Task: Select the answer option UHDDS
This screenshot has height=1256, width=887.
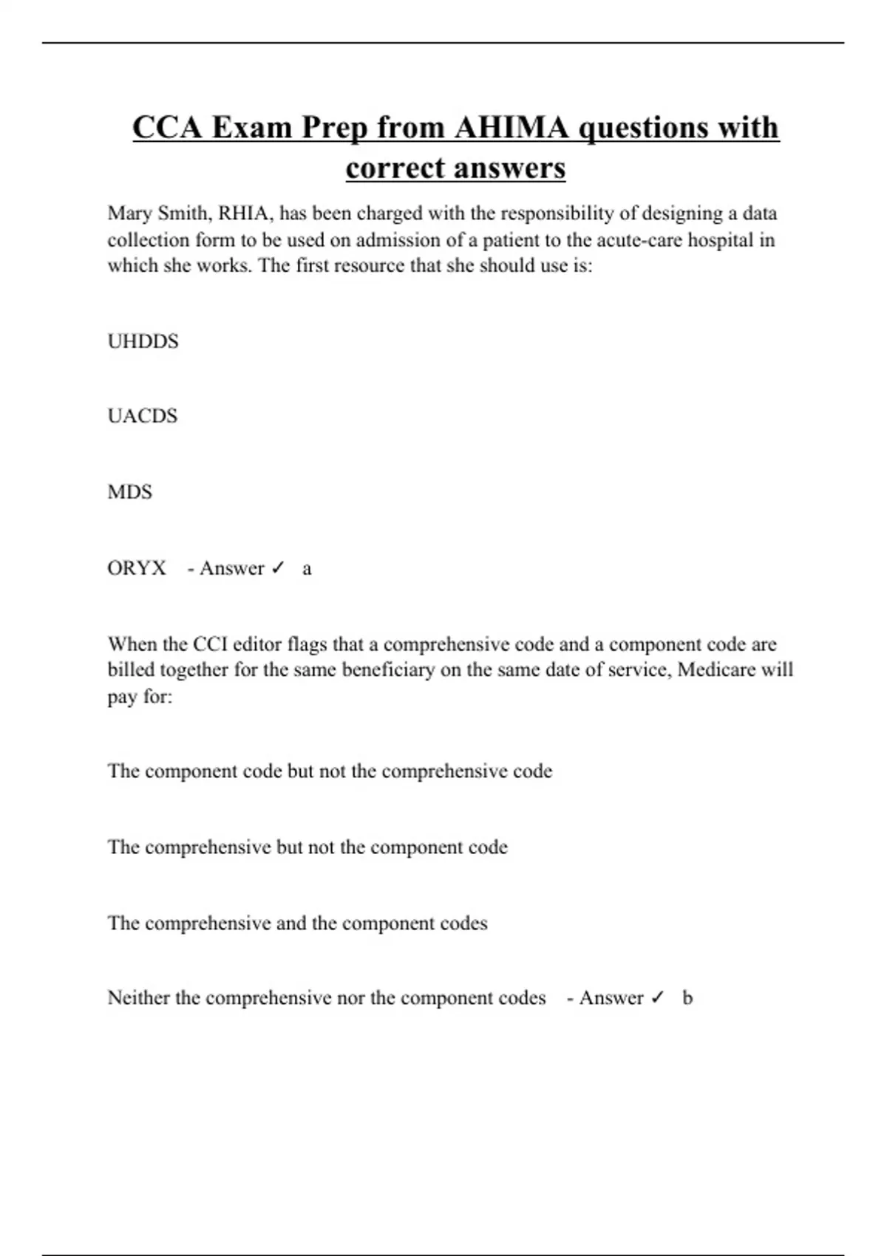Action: pyautogui.click(x=143, y=341)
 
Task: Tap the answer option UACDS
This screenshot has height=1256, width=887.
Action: pyautogui.click(x=142, y=416)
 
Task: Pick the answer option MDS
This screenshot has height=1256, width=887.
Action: pyautogui.click(x=129, y=492)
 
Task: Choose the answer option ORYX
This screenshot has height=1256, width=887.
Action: pyautogui.click(x=137, y=568)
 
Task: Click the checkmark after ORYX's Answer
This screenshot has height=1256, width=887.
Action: pyautogui.click(x=278, y=568)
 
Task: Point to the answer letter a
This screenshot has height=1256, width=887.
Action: pyautogui.click(x=307, y=569)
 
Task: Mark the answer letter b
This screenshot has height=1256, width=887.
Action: pyautogui.click(x=687, y=998)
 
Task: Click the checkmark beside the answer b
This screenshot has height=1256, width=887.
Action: pyautogui.click(x=657, y=998)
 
